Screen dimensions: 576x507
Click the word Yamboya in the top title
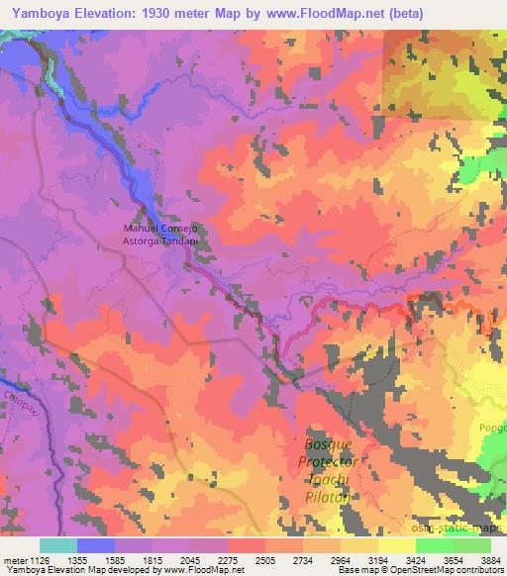click(37, 13)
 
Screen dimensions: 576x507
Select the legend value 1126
click(39, 559)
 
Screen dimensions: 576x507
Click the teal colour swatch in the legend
click(57, 545)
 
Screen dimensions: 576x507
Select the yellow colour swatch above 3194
click(396, 545)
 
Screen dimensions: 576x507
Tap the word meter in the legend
click(14, 559)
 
